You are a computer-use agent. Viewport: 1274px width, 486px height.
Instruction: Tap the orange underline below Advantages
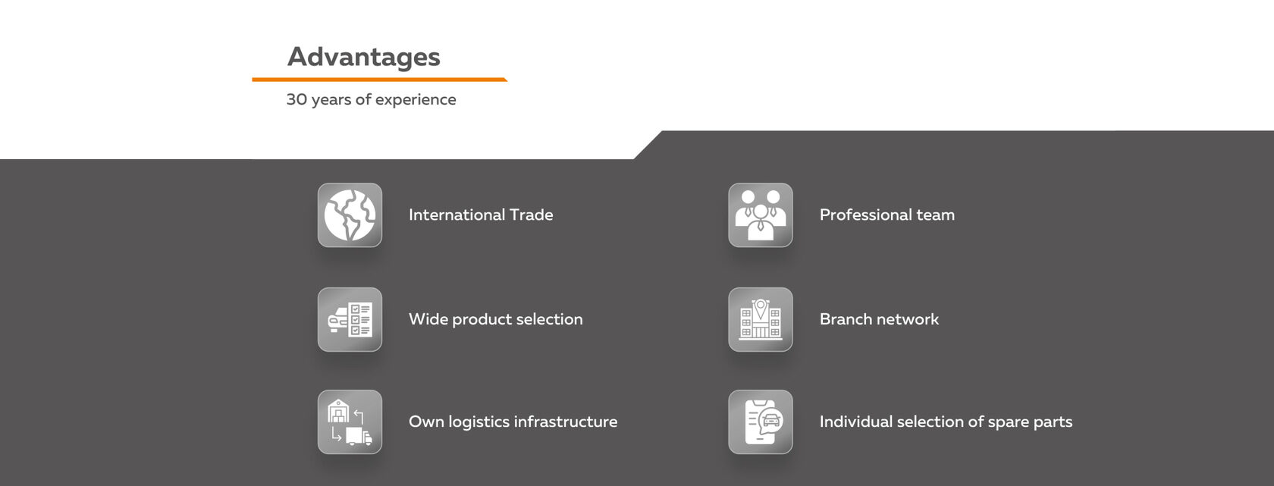coord(379,80)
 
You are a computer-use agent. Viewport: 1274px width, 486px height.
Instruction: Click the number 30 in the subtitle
coord(297,99)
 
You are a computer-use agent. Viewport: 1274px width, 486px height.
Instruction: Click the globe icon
coord(350,215)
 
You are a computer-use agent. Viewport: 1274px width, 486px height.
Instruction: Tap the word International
coord(457,215)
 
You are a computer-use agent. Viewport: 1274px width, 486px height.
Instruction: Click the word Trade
coord(531,215)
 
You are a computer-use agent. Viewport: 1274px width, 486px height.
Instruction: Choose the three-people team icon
coord(761,215)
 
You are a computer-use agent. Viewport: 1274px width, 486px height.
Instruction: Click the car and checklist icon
coord(350,319)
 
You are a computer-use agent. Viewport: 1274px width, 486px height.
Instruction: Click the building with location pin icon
coord(761,319)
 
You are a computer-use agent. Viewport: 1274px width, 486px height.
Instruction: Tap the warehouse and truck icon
coord(350,422)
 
